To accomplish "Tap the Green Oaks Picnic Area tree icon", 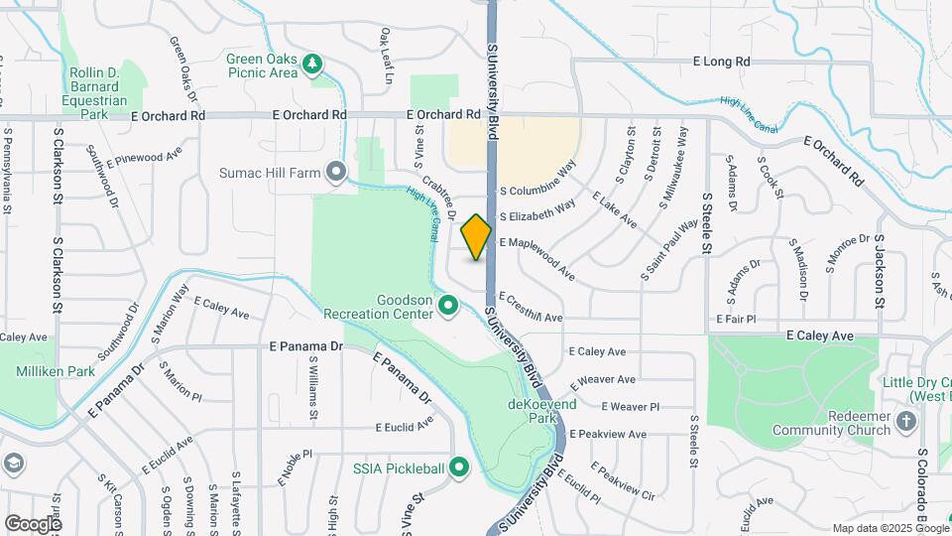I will coord(313,65).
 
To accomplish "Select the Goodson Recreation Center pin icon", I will coord(448,306).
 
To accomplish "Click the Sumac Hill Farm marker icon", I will coord(337,173).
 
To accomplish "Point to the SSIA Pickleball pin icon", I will coord(458,467).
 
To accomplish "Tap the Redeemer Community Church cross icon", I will coord(905,421).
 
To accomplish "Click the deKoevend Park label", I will coord(532,411).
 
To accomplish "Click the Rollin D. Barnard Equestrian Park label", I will coord(96,93).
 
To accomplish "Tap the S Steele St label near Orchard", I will coord(707,204).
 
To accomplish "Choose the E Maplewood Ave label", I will coord(536,256).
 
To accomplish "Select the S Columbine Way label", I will coord(537,179).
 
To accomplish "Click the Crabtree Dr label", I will coord(437,199).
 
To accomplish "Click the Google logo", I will coord(33,523).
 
